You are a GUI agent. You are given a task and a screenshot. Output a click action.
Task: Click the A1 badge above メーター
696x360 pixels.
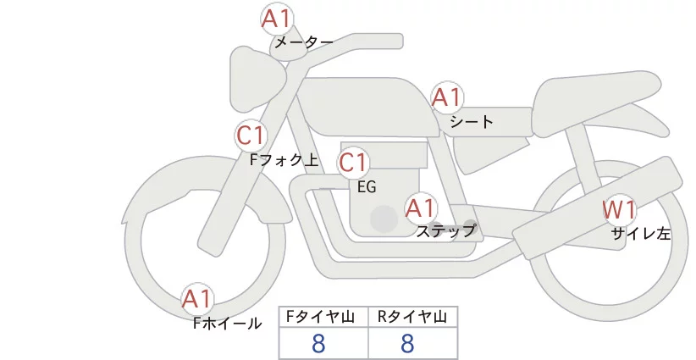point(275,18)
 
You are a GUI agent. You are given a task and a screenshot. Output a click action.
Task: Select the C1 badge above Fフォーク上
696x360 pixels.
point(251,135)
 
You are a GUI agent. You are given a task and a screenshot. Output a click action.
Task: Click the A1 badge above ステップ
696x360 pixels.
point(421,207)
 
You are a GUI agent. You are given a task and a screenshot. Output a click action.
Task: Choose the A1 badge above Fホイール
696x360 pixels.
point(198,298)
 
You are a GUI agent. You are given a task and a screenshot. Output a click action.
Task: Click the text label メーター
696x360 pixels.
point(303,42)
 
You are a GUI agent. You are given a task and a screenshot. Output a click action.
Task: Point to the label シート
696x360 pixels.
point(471,121)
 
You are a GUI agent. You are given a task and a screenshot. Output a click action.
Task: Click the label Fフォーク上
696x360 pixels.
point(284,158)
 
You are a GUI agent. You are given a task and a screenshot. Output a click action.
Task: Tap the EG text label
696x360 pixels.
point(367,186)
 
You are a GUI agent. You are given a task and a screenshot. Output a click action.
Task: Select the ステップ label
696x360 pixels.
point(446,230)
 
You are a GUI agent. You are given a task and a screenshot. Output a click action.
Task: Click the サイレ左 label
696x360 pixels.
point(641,233)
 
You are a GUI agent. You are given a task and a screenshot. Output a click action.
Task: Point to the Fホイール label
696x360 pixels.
point(228,323)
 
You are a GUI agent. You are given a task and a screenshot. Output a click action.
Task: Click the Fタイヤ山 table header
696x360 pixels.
point(323,317)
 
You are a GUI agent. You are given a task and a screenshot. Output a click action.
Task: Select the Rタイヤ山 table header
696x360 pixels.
point(412,317)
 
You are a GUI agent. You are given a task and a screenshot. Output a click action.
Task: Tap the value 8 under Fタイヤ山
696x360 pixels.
point(318,344)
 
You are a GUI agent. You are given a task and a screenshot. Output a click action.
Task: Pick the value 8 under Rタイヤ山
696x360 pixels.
point(408,344)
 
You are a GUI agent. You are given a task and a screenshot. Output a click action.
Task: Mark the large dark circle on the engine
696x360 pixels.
point(384,219)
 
